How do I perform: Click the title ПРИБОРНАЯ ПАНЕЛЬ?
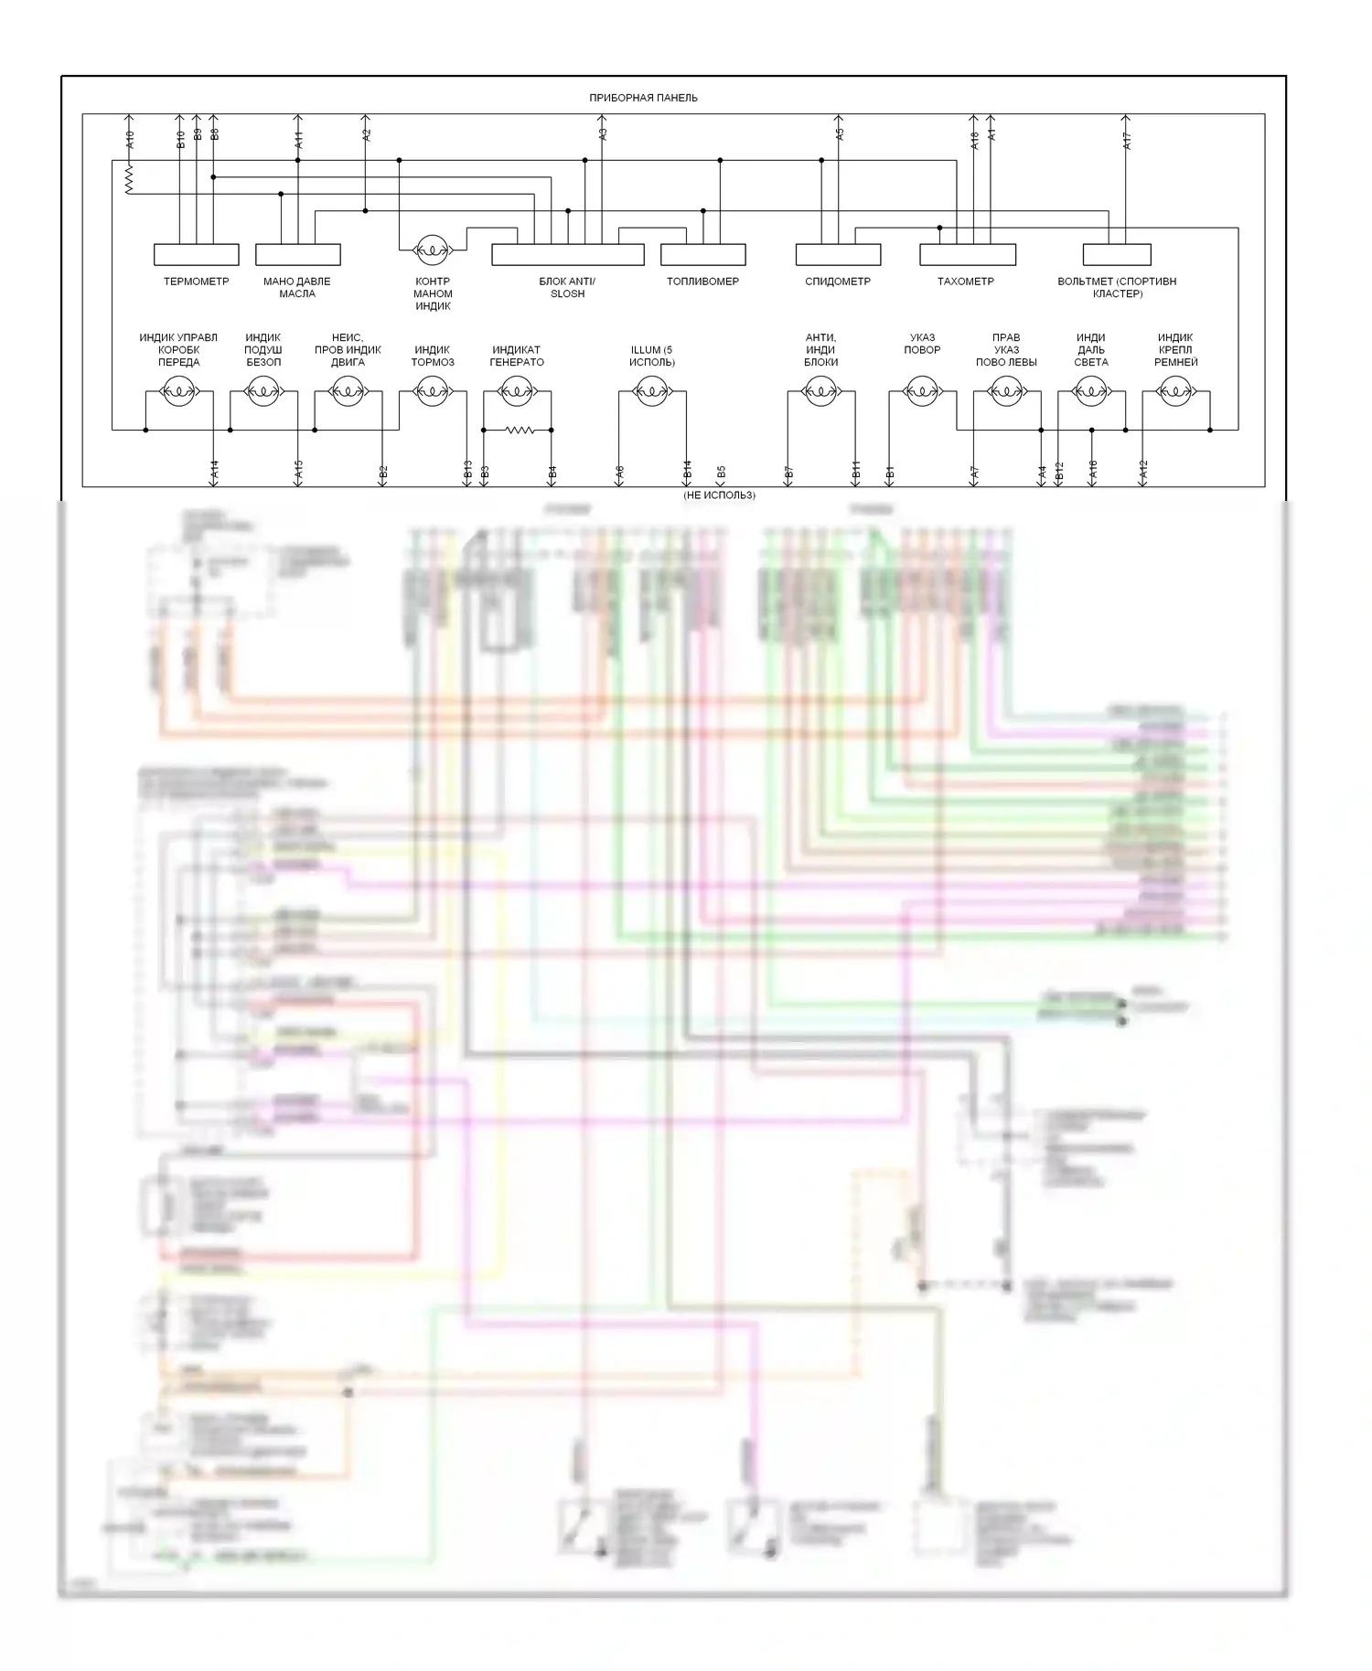point(644,98)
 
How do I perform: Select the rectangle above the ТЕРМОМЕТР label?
point(196,254)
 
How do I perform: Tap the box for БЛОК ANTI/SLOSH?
point(567,254)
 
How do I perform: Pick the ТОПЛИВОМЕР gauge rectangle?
point(702,254)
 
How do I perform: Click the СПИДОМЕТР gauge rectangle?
point(838,254)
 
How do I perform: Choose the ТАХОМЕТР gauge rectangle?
point(967,254)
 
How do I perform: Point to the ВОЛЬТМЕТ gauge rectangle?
point(1116,254)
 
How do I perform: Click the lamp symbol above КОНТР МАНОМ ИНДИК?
point(432,248)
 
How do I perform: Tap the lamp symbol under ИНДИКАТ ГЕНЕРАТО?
point(517,392)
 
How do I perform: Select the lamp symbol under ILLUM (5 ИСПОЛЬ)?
point(651,392)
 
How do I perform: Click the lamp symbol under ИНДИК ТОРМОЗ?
point(432,392)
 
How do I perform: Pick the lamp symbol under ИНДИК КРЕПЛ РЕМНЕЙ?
point(1175,392)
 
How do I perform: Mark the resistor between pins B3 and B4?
point(518,430)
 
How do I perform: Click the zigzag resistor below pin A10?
point(129,178)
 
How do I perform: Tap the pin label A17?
point(1127,141)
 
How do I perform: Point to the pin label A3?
point(603,133)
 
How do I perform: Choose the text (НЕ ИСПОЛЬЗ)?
point(719,495)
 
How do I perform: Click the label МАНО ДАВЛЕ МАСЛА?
point(297,287)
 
